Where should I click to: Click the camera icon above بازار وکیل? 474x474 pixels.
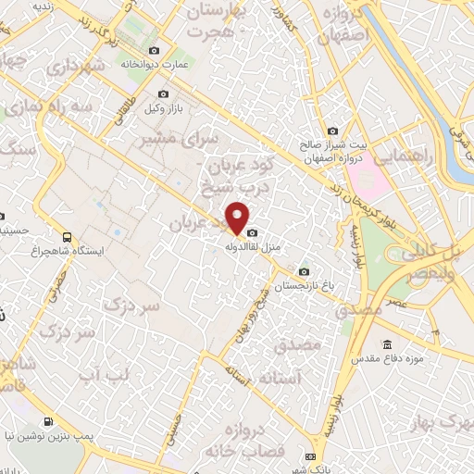click(164, 94)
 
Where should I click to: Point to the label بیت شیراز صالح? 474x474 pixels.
click(332, 145)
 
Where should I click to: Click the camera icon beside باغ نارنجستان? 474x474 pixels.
click(304, 271)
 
